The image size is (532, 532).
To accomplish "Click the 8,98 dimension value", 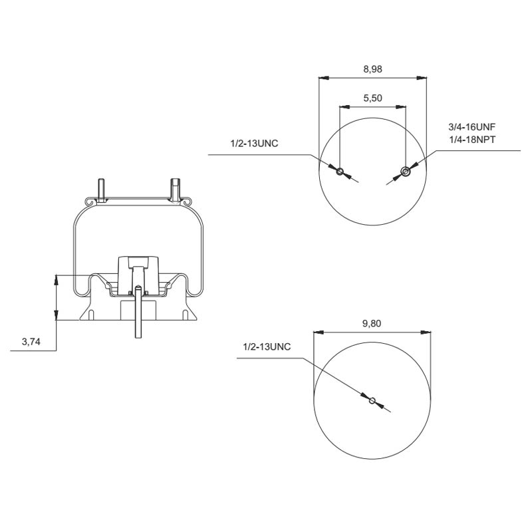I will coord(372,69).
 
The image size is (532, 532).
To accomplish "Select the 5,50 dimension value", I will coord(372,98).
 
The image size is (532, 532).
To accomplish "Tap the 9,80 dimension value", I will coord(372,324).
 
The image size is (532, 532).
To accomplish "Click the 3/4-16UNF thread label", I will coord(473,126).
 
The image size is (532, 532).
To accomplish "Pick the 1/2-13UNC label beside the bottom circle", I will coord(267,347).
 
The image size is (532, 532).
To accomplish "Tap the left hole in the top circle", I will coord(340,172).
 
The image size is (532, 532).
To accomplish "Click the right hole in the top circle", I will coord(405,172).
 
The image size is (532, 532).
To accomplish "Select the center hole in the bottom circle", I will coord(372,400).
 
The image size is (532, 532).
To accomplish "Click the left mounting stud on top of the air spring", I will coord(101,189).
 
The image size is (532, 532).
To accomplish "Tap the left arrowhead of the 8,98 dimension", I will coord(323,78).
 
